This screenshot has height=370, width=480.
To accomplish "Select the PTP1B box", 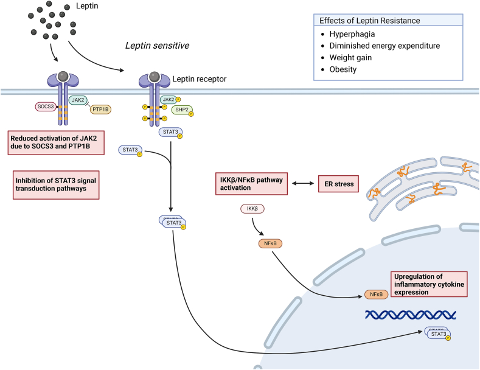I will (101, 110).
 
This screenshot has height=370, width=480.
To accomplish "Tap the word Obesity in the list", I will (343, 69).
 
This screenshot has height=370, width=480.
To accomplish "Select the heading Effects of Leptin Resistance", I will (361, 20).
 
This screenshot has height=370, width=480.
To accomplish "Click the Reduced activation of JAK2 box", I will (56, 141).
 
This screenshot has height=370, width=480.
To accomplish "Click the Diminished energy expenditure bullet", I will (376, 45).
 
